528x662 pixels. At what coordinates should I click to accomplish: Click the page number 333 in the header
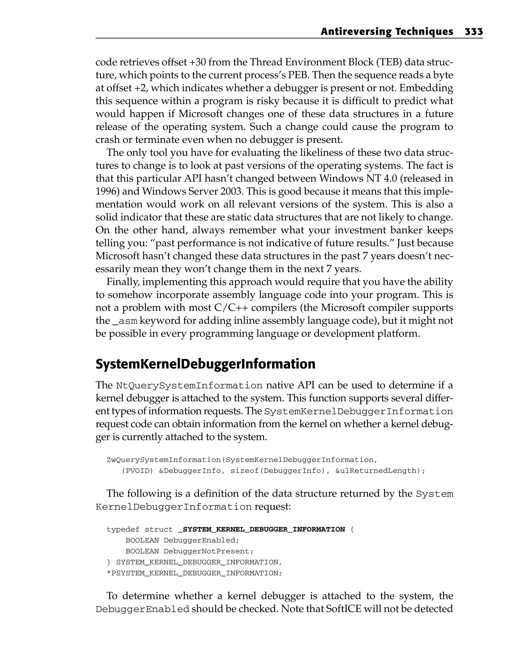tap(474, 32)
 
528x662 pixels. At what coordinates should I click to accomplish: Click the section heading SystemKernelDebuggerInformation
tap(205, 364)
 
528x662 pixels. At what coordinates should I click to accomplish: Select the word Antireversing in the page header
tap(356, 32)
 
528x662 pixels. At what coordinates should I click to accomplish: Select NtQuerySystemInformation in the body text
tap(189, 386)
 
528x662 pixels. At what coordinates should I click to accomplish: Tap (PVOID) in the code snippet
tap(137, 471)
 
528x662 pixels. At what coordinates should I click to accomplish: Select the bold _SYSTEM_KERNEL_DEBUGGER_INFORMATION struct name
tap(261, 530)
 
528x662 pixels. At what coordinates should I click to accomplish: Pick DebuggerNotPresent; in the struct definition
tap(208, 551)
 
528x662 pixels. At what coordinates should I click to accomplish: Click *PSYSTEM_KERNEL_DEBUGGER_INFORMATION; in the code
tap(194, 573)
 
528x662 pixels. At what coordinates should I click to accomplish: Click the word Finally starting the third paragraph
tap(122, 282)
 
